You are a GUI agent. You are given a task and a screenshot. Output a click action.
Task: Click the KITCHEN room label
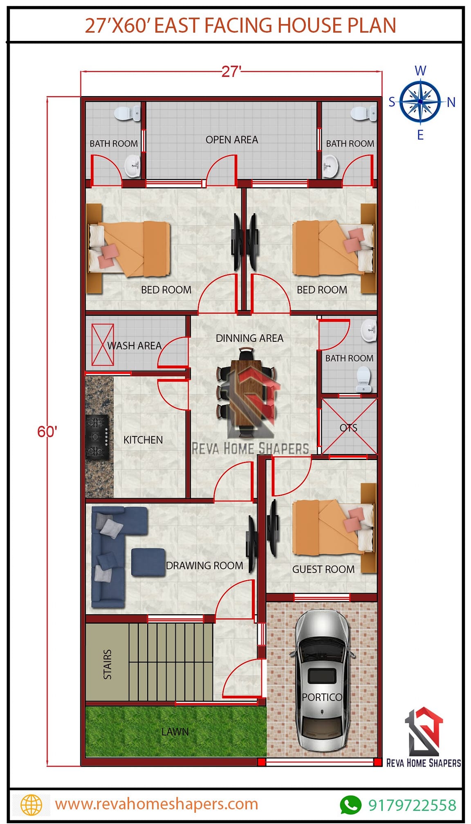[x=143, y=440]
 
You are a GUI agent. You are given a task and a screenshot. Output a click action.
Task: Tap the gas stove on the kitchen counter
[x=97, y=437]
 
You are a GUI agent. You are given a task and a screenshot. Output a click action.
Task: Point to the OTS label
[x=348, y=428]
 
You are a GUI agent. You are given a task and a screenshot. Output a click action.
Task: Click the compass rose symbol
[x=420, y=101]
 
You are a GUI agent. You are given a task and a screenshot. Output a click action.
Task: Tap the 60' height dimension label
[x=47, y=432]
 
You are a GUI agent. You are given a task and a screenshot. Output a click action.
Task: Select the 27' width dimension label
[x=231, y=72]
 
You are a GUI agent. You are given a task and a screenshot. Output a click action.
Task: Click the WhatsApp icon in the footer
[x=350, y=805]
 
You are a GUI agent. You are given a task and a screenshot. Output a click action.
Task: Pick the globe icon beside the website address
[x=31, y=805]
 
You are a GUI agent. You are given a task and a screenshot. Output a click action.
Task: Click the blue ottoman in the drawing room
[x=148, y=562]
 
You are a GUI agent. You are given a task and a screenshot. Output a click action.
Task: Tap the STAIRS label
[x=108, y=665]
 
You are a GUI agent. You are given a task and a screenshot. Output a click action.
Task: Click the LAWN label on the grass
[x=175, y=732]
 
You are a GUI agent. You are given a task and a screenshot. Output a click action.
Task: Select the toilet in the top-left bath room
[x=126, y=113]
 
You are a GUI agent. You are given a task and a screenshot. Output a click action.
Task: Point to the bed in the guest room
[x=333, y=527]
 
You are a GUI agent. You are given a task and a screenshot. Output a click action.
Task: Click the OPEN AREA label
[x=232, y=140]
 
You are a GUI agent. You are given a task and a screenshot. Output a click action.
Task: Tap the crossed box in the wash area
[x=103, y=345]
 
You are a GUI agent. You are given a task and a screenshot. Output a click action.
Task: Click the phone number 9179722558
[x=412, y=805]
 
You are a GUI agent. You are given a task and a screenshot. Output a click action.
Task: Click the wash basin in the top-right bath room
[x=330, y=167]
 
